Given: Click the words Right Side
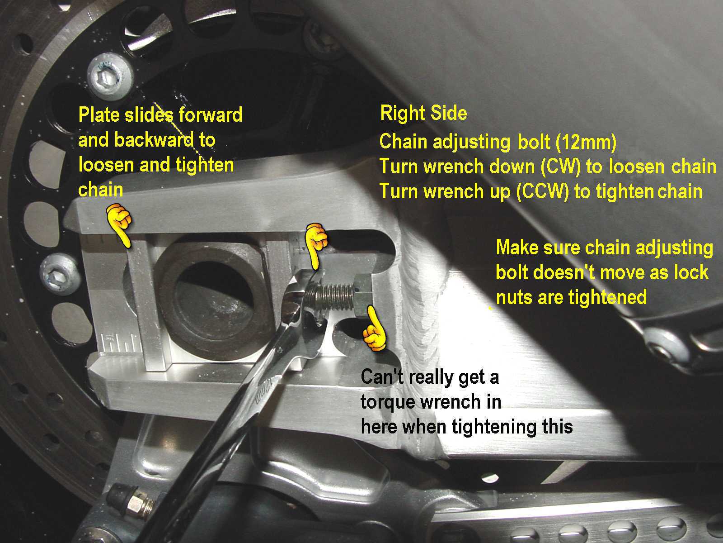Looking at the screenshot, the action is tap(423, 114).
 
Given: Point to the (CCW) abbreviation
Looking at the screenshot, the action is tap(543, 191).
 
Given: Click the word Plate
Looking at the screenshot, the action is tap(99, 115).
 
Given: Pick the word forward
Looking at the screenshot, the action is tap(211, 115).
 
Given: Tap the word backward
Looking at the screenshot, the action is tap(154, 140).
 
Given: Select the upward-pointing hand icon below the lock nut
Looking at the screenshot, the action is tap(374, 329).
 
